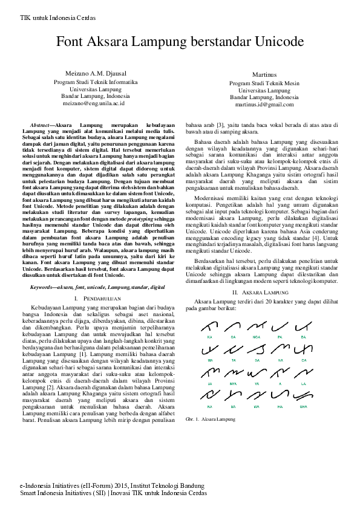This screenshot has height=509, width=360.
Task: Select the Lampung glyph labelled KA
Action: pyautogui.click(x=209, y=327)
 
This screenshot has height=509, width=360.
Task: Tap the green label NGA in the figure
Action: pyautogui.click(x=256, y=336)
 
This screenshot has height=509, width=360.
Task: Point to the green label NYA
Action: pyautogui.click(x=233, y=383)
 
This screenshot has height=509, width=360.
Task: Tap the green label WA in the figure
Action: pyautogui.click(x=256, y=407)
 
